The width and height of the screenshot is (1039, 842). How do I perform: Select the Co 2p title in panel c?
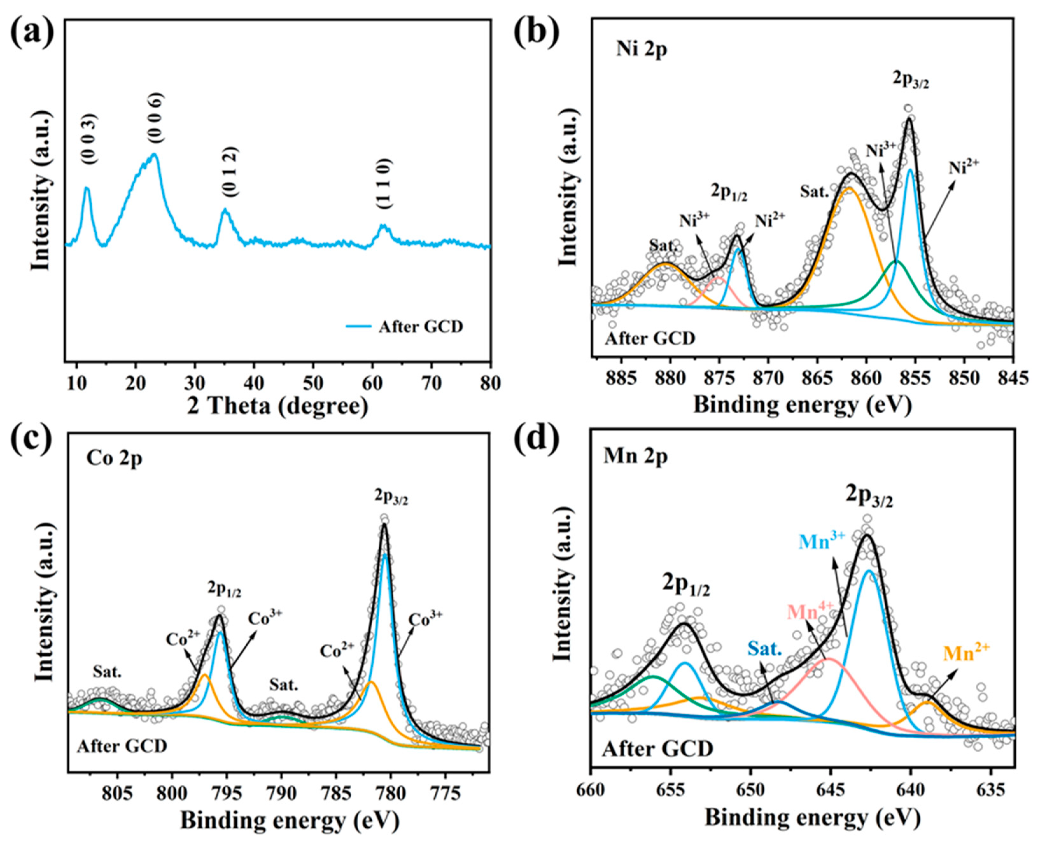tap(115, 458)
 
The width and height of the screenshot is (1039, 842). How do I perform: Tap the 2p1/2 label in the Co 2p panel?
tap(224, 591)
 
